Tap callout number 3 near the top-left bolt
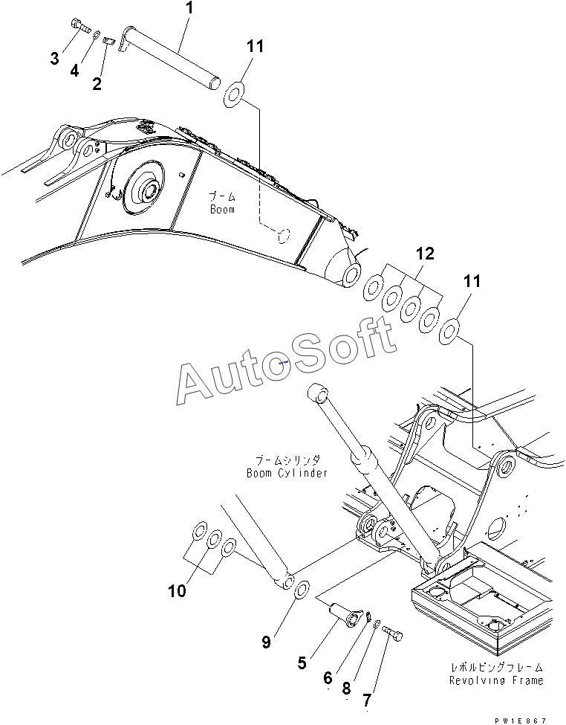[x=54, y=59]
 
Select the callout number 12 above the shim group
[x=423, y=254]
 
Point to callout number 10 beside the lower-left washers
[x=176, y=591]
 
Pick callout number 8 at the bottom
[x=346, y=689]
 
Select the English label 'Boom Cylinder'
[x=287, y=473]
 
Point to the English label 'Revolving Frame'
[x=495, y=680]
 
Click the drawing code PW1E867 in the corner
[x=524, y=720]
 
